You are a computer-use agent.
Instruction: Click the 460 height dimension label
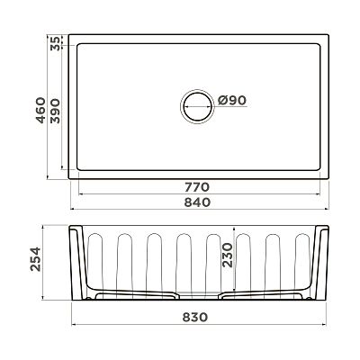(40, 110)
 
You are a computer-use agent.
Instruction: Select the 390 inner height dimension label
(55, 112)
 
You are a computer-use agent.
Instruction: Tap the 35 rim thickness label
(55, 43)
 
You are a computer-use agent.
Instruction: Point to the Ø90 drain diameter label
(232, 100)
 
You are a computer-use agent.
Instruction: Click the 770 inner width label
(197, 187)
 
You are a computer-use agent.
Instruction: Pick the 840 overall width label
(197, 202)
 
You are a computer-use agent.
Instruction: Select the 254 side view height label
(35, 259)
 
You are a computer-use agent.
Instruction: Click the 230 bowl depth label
(228, 256)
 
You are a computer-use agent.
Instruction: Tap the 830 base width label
(195, 317)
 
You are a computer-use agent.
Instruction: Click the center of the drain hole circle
(197, 106)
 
